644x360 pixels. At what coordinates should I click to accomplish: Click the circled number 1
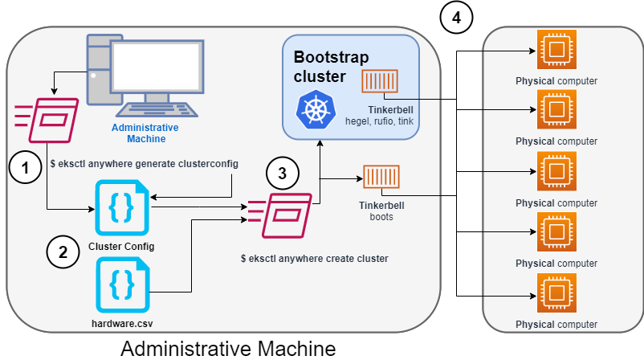25,168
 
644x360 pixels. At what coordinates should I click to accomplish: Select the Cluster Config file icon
121,207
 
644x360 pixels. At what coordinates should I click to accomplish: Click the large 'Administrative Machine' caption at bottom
227,348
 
